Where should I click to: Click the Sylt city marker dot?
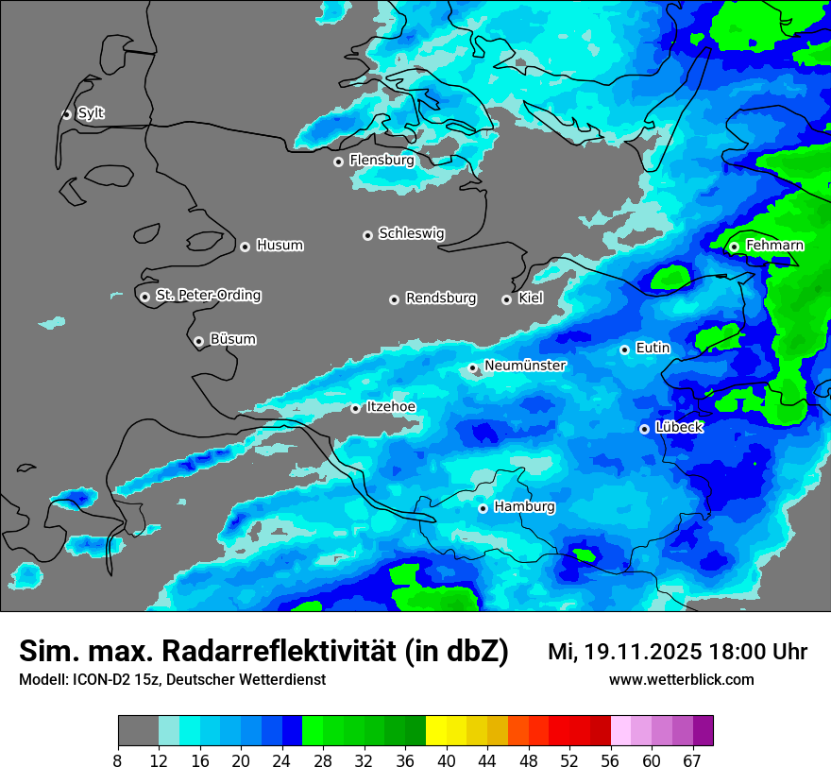[x=66, y=114]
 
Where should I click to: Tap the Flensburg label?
[x=382, y=161]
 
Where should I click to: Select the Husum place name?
[x=280, y=246]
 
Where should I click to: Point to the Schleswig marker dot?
[x=367, y=235]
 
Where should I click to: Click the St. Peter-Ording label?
[x=208, y=296]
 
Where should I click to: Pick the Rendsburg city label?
[x=441, y=298]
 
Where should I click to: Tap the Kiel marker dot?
[x=506, y=299]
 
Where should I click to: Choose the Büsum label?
[x=232, y=339]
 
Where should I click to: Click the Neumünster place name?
[x=525, y=366]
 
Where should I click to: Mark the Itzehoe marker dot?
[x=355, y=408]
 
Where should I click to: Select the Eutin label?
[x=653, y=349]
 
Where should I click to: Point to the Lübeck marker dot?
[x=644, y=429]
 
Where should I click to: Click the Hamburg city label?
[x=524, y=507]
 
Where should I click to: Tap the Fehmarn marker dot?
[x=734, y=247]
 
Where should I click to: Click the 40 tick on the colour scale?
[x=447, y=760]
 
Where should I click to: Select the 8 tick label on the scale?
[x=118, y=760]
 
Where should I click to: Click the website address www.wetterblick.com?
[x=681, y=680]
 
